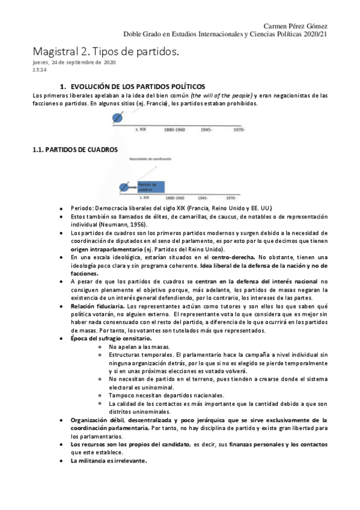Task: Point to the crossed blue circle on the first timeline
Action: [118, 118]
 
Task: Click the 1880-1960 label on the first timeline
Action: [174, 129]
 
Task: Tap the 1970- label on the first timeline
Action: [239, 129]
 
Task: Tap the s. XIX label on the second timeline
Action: [144, 197]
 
